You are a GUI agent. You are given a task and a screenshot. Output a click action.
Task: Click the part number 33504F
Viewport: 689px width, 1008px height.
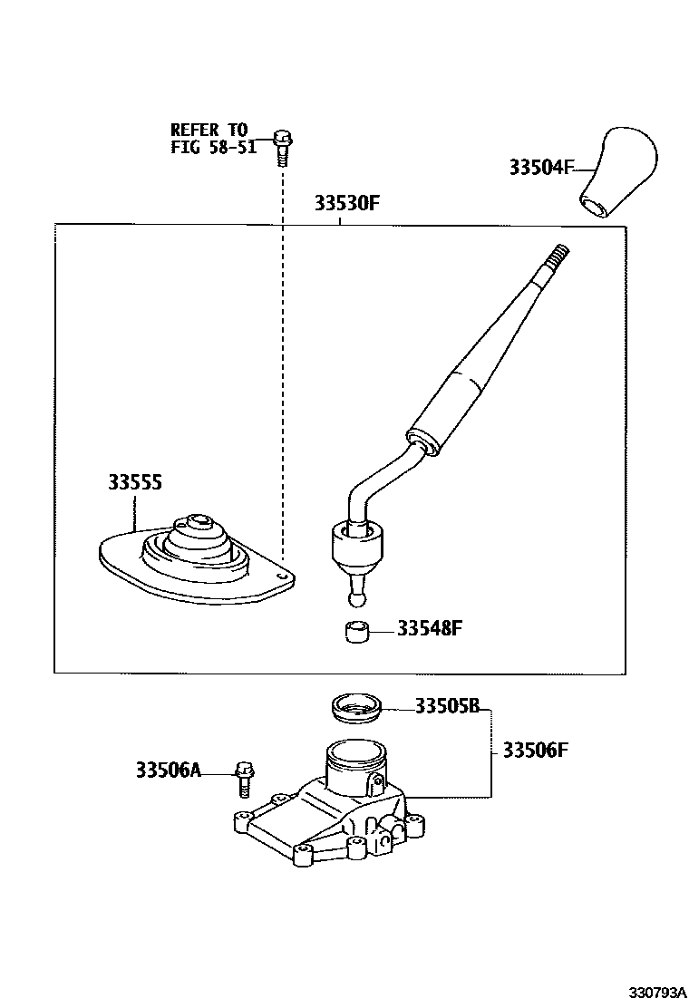[x=540, y=167]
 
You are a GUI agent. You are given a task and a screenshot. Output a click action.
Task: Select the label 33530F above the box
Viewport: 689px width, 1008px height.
[x=347, y=203]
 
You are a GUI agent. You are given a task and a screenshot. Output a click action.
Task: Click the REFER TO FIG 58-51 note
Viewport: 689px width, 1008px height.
[x=213, y=138]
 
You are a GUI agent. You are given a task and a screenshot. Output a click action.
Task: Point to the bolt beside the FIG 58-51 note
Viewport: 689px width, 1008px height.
[x=282, y=147]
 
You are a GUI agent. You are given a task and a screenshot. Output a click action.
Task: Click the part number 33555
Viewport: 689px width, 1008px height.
[x=135, y=482]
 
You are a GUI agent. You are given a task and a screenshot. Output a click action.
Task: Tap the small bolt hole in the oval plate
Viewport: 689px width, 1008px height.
[x=279, y=576]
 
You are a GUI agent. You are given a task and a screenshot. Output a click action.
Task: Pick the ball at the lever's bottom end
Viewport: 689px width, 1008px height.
[x=355, y=599]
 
